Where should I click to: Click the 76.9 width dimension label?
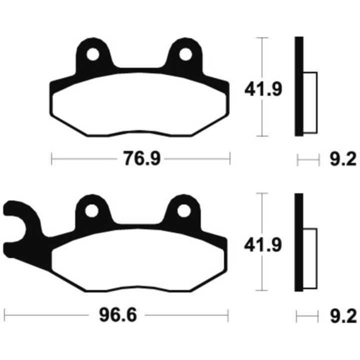click(142, 158)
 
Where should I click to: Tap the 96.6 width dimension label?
click(118, 315)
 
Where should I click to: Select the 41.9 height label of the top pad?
click(263, 89)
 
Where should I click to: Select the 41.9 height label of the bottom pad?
click(262, 245)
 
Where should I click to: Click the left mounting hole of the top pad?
click(93, 54)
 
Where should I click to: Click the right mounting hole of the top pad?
click(185, 54)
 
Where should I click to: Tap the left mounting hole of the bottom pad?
click(91, 210)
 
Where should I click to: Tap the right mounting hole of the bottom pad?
click(184, 211)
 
